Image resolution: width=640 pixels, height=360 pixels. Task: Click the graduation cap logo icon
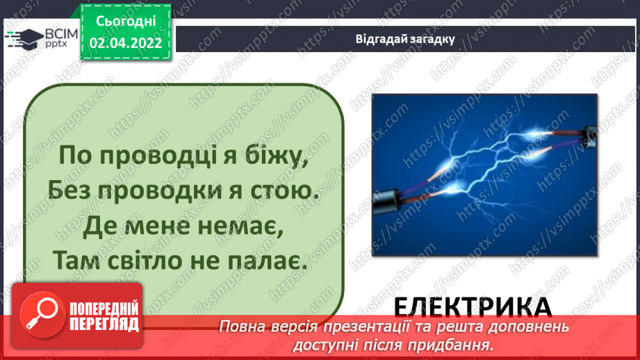(24, 37)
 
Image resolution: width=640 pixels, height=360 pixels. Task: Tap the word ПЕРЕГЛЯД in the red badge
(104, 323)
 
